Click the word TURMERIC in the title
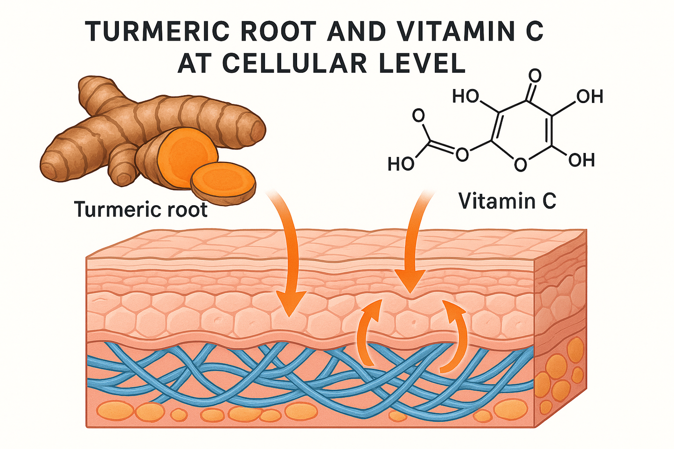click(x=159, y=32)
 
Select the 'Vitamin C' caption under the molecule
click(x=507, y=201)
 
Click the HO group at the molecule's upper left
click(x=466, y=97)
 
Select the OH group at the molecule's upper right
click(x=590, y=97)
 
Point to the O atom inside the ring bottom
click(x=521, y=164)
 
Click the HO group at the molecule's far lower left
click(x=401, y=164)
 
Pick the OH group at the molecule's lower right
click(x=582, y=160)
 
